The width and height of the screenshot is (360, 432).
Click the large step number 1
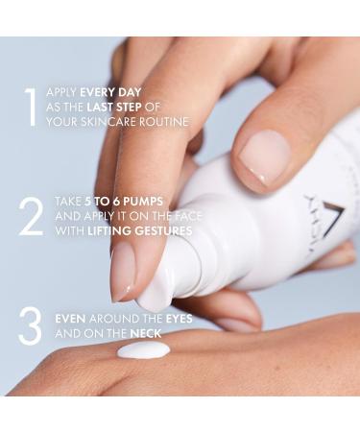coord(32,108)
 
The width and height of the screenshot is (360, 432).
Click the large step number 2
coord(31,218)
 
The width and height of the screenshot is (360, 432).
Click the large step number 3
coord(31,325)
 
